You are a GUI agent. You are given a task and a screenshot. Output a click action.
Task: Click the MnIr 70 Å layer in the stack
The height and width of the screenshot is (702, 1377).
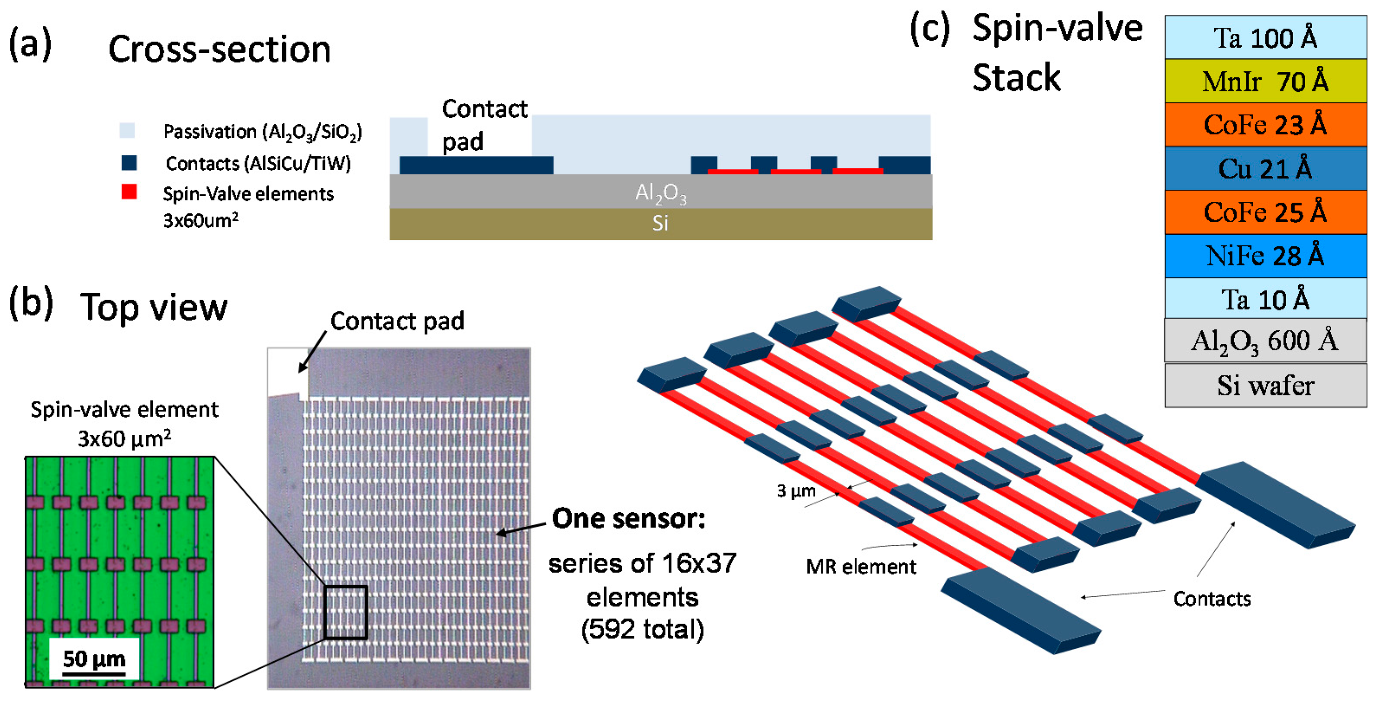point(1265,81)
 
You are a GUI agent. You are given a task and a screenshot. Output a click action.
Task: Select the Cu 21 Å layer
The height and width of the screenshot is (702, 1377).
point(1265,168)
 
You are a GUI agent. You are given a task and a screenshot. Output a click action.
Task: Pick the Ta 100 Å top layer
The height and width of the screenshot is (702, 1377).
point(1265,37)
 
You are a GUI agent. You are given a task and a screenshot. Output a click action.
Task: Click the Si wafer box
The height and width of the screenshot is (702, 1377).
point(1265,386)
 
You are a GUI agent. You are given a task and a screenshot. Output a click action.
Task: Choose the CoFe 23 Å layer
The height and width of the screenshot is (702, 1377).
point(1265,125)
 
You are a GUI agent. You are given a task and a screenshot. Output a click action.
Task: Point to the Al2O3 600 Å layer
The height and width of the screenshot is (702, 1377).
point(1265,341)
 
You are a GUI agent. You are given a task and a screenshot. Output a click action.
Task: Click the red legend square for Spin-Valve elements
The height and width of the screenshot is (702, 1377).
point(129,191)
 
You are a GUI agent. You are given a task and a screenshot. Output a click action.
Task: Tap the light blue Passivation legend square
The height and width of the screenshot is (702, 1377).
point(127,130)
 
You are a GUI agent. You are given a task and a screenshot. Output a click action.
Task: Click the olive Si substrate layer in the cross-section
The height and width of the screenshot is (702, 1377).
point(661,223)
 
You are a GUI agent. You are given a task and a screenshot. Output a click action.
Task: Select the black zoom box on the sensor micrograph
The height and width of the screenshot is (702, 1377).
point(345,611)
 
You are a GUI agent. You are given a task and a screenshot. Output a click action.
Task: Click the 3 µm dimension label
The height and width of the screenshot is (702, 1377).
point(796,491)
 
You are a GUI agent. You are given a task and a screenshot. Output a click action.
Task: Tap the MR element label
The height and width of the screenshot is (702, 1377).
point(861,566)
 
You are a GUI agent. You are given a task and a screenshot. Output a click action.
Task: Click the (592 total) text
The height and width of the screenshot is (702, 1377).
point(642,629)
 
